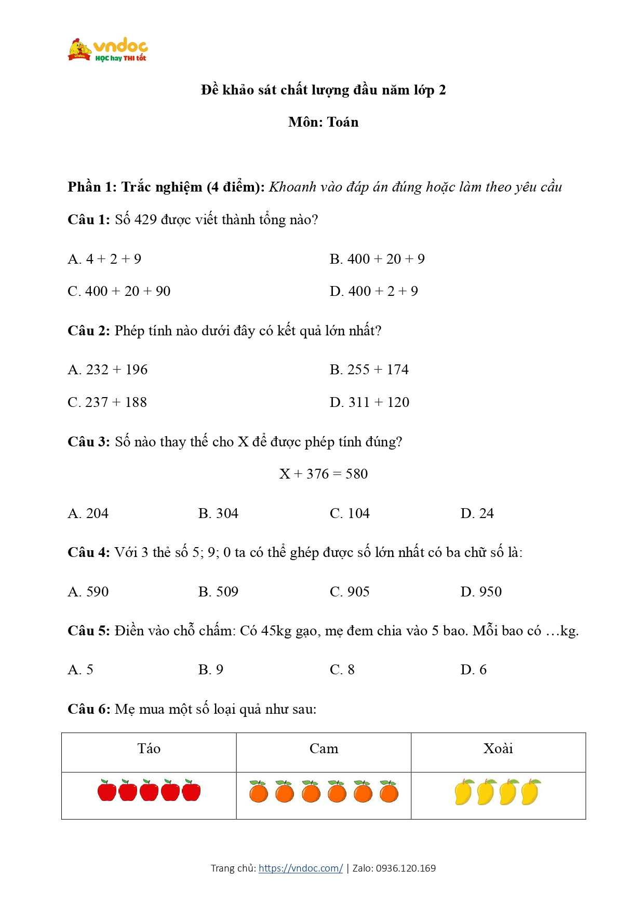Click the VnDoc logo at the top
pos(108,50)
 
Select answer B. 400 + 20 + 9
pos(377,259)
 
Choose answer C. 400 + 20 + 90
pos(119,291)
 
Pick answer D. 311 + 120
pos(369,402)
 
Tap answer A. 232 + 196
pos(108,370)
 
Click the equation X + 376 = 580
pos(323,474)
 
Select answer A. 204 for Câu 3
pos(88,513)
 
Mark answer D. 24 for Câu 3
pos(477,513)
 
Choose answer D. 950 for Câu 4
pos(481,592)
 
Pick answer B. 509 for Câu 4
pos(218,592)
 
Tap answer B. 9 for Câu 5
pos(210,670)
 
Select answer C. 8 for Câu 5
pos(342,670)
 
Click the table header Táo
pos(149,749)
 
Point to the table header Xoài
pos(498,749)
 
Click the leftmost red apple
pos(106,791)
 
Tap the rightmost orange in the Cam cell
pos(388,792)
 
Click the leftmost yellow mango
pos(463,792)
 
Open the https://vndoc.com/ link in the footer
pos(300,868)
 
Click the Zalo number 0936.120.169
pos(406,868)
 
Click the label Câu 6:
pos(89,709)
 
